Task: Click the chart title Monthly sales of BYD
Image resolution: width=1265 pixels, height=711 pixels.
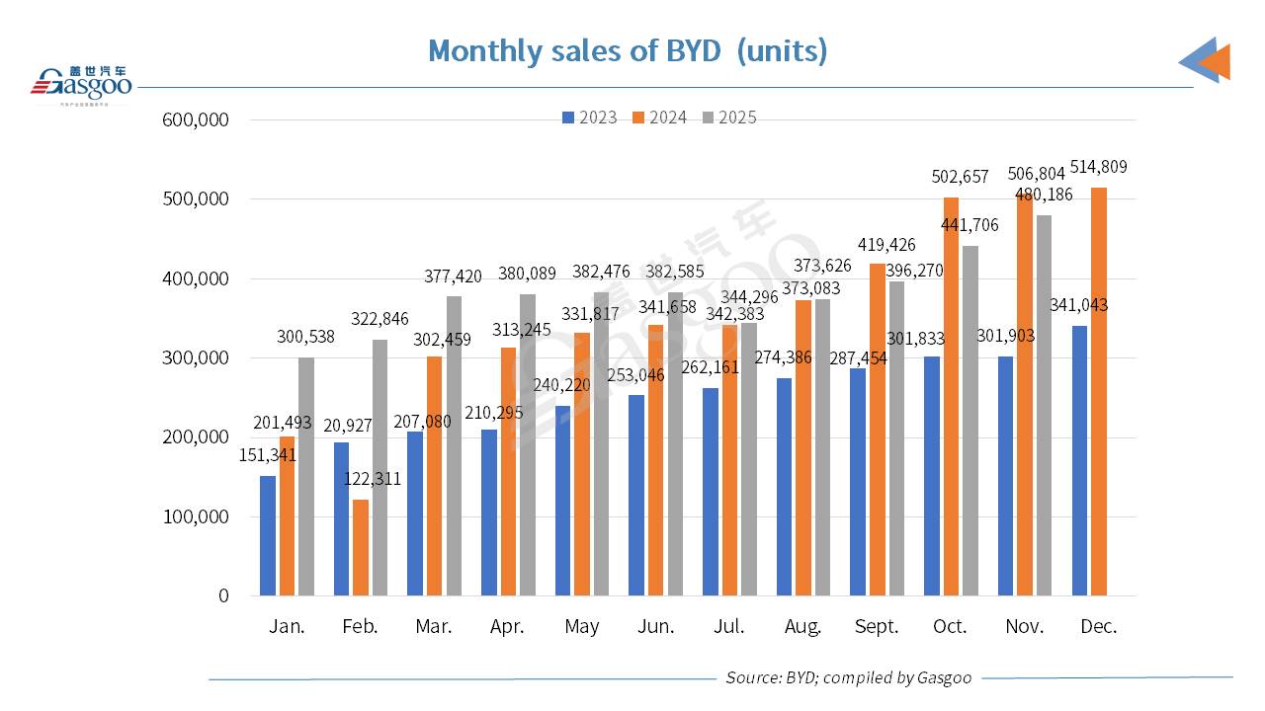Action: (x=628, y=51)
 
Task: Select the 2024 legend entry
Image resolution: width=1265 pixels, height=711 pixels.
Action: (x=660, y=118)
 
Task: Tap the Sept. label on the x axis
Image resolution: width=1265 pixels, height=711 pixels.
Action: (x=877, y=627)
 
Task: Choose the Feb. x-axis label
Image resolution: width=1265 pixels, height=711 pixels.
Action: (x=360, y=627)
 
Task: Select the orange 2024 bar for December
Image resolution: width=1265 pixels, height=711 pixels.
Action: (x=1099, y=391)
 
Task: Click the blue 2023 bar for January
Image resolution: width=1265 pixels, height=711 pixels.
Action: (x=268, y=535)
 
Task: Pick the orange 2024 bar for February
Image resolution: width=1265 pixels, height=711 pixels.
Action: (x=361, y=547)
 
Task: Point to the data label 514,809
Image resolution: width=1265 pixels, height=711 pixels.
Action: (x=1094, y=167)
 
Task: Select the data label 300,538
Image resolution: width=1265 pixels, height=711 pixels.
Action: (x=305, y=337)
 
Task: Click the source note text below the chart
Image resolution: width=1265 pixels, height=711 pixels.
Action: (x=848, y=677)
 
